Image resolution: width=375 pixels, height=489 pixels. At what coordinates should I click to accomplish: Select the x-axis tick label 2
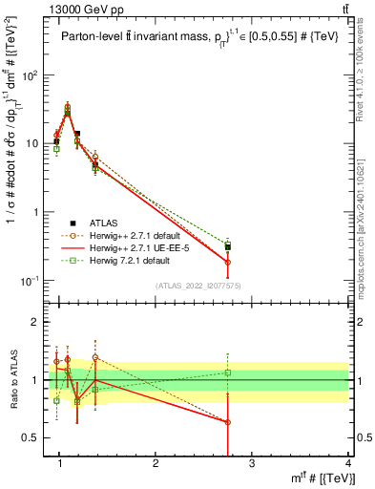(156, 464)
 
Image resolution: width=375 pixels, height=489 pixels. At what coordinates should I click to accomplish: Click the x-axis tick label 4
(348, 464)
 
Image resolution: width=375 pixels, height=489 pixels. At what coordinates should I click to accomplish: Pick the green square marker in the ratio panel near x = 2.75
(227, 372)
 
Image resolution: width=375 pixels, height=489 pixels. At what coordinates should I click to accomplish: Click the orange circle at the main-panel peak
(67, 108)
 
